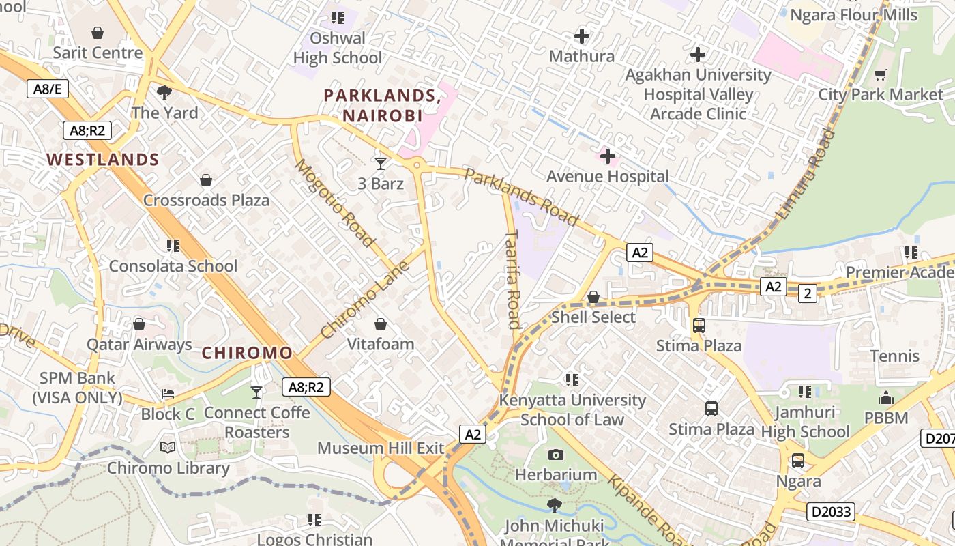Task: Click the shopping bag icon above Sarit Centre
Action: pos(98,32)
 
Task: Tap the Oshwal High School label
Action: pos(337,48)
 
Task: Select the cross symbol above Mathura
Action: pos(582,36)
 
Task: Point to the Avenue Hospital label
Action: pos(607,176)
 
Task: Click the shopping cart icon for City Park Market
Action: pos(881,74)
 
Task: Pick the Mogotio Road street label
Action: pos(334,203)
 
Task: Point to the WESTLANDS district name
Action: pos(103,160)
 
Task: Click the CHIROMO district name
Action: pos(247,353)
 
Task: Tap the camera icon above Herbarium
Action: pos(556,455)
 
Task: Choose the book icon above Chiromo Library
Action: pos(168,448)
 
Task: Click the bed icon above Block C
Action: pos(168,394)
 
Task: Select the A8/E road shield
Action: pos(47,88)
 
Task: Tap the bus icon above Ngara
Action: pos(798,461)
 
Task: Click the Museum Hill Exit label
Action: pos(381,448)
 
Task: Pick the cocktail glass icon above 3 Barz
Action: pos(381,164)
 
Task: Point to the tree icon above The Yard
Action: pos(164,92)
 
